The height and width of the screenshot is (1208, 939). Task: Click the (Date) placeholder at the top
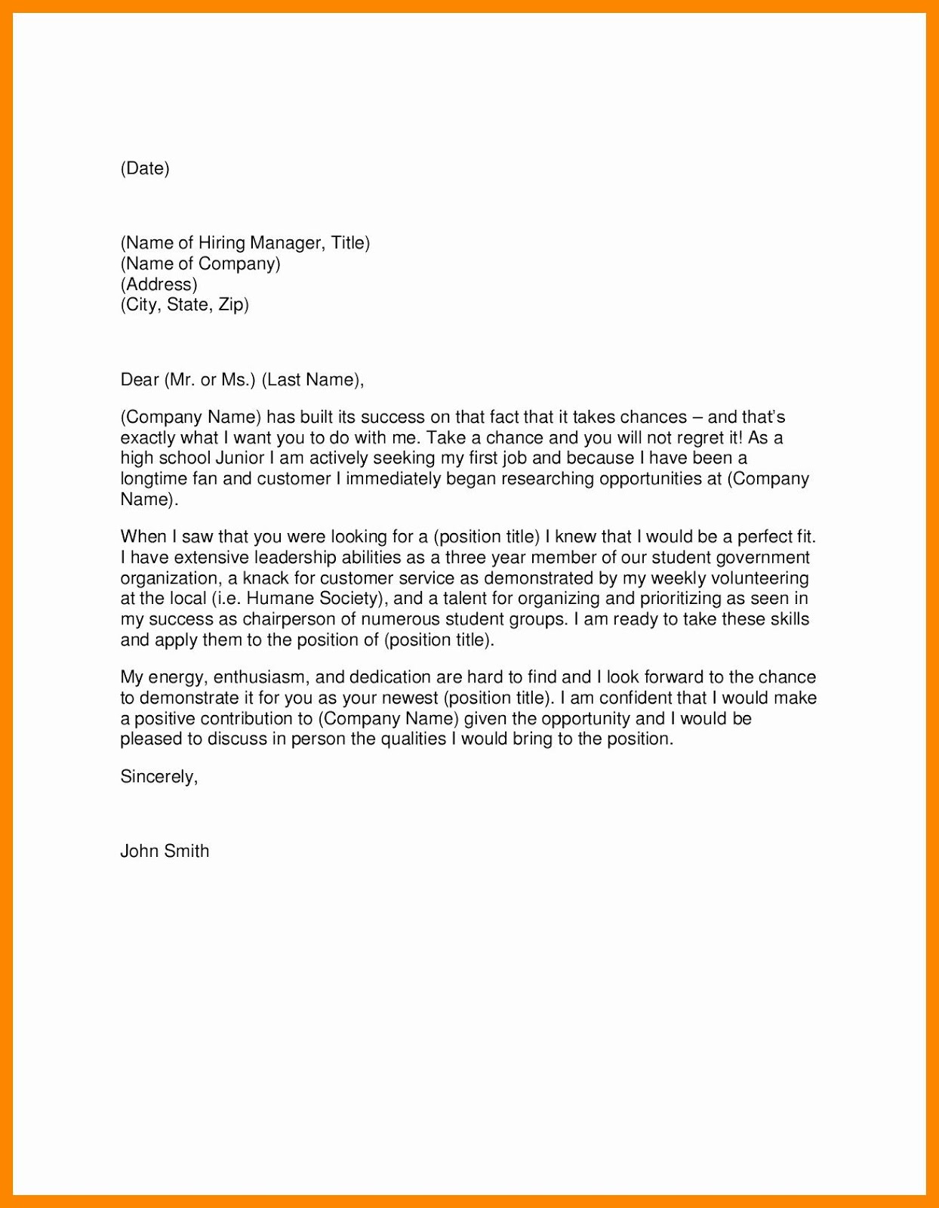[145, 168]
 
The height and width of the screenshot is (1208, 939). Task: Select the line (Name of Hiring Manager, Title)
[245, 243]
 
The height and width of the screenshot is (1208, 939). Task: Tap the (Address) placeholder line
[159, 285]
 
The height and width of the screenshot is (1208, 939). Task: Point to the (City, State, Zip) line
[184, 305]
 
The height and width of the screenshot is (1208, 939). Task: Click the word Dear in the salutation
[139, 380]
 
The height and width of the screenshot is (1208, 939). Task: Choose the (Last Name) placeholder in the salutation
[311, 380]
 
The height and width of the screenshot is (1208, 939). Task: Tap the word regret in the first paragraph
[703, 438]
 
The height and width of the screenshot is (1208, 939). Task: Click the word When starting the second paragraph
[143, 538]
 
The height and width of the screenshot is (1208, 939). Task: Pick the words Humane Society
[311, 599]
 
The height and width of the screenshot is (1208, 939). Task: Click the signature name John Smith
[165, 852]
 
